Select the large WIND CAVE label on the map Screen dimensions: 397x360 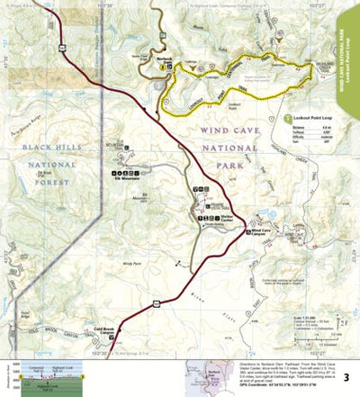tap(220, 130)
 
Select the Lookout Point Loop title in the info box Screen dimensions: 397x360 tap(310, 118)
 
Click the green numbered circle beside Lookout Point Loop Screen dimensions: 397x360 tap(287, 118)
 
